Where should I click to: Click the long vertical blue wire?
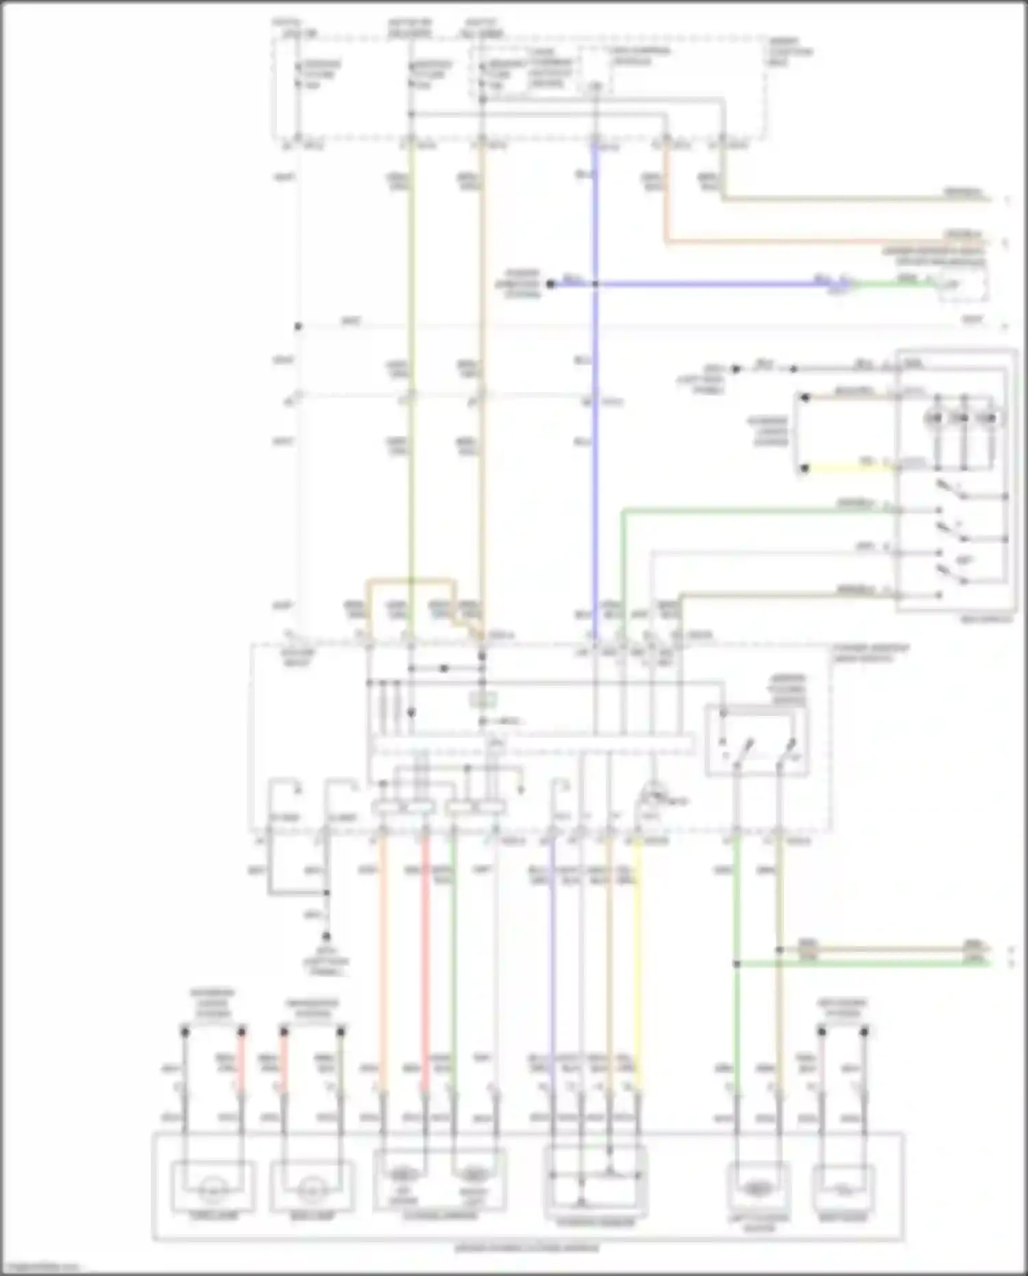[595, 480]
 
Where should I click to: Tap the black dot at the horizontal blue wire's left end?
[550, 283]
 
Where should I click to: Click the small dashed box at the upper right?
[963, 284]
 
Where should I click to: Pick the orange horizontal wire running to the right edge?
[822, 241]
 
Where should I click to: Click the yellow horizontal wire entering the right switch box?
[850, 468]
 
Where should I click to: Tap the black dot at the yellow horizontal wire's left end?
[805, 468]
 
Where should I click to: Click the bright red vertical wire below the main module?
[425, 960]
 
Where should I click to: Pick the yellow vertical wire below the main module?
[637, 960]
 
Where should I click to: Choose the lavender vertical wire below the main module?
[552, 960]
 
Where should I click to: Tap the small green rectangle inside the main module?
[482, 699]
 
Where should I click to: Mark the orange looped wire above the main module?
[411, 582]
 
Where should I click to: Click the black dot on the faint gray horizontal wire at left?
[298, 326]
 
